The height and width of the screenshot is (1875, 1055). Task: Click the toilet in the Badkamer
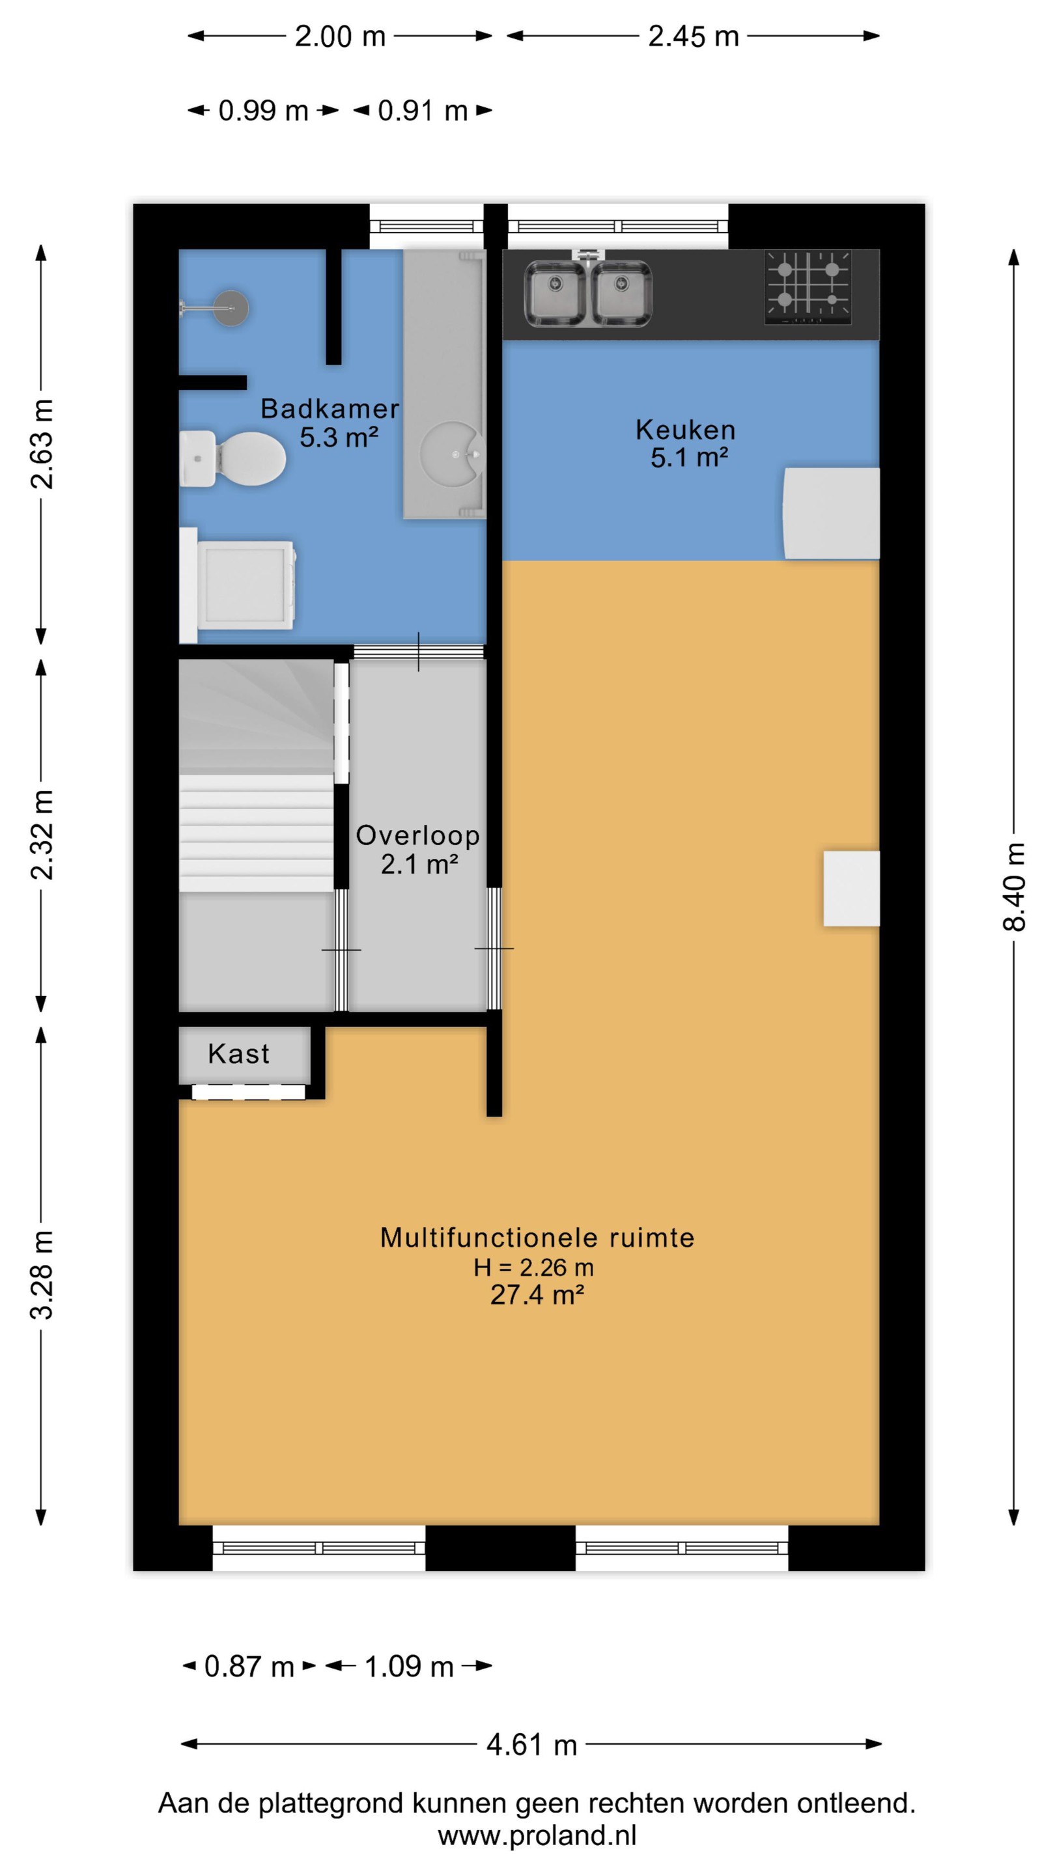tap(232, 458)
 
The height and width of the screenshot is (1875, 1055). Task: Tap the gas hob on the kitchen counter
tap(808, 288)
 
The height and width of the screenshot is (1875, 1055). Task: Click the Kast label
tap(239, 1054)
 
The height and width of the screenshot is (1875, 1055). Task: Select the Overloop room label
tap(418, 835)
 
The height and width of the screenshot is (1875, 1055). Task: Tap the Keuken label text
tap(686, 430)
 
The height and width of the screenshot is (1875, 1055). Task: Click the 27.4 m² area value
tap(537, 1296)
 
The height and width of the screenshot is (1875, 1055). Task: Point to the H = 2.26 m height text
tap(534, 1268)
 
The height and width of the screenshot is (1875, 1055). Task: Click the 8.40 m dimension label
tap(1015, 887)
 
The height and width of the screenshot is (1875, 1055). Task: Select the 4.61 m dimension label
tap(531, 1745)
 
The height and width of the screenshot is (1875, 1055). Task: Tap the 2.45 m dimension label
tap(693, 36)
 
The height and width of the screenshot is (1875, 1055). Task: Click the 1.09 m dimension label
tap(409, 1666)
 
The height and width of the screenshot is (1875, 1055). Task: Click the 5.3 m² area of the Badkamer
tap(339, 438)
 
